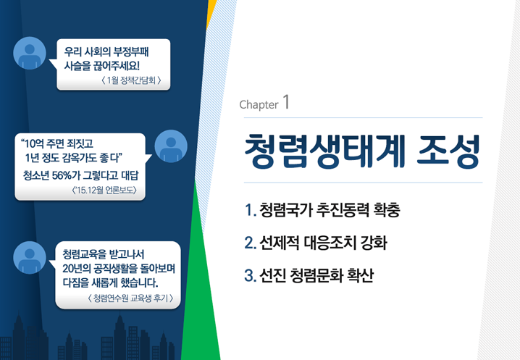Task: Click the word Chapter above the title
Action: click(259, 105)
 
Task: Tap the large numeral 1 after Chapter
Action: click(286, 102)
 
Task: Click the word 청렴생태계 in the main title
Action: click(325, 151)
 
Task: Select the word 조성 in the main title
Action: click(448, 151)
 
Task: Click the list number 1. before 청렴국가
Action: click(251, 210)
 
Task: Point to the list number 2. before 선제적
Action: click(251, 243)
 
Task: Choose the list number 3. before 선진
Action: click(251, 275)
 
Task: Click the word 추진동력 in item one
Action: click(343, 209)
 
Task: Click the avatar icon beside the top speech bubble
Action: click(30, 53)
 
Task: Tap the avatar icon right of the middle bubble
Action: click(171, 146)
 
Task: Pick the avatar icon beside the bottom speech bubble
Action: click(30, 258)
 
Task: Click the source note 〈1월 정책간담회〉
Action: click(131, 80)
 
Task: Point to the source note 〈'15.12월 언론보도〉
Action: click(104, 190)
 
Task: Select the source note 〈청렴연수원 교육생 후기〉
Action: click(130, 298)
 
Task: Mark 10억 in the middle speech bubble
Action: click(34, 143)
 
